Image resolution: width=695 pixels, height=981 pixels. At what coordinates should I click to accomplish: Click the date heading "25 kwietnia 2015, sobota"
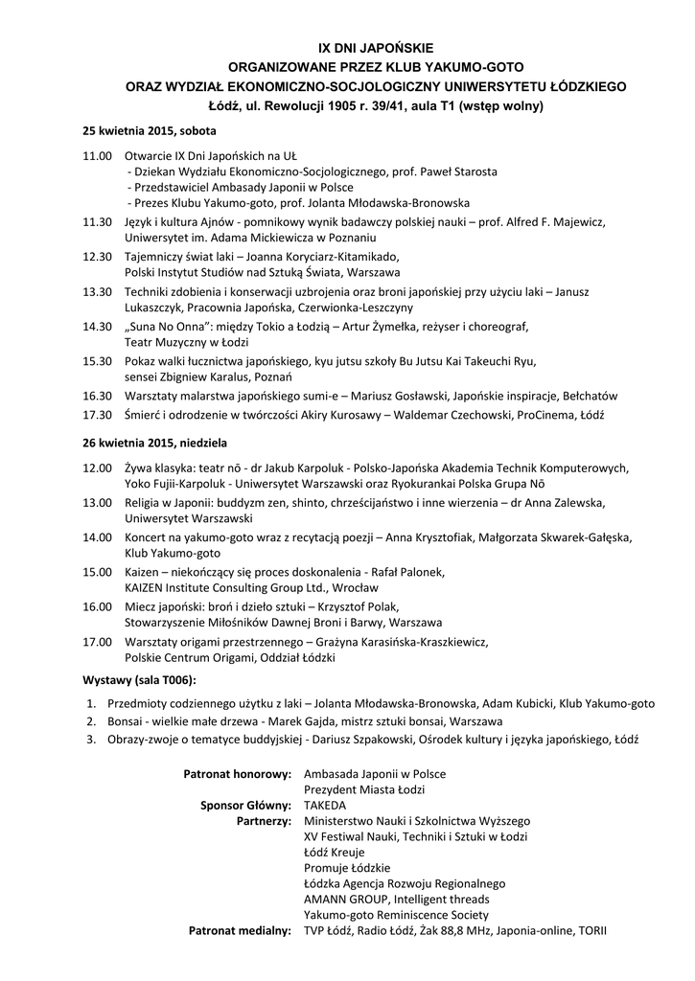pos(149,130)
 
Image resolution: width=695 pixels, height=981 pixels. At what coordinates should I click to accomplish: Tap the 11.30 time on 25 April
pos(98,221)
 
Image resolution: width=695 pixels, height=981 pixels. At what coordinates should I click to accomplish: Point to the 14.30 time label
pos(98,326)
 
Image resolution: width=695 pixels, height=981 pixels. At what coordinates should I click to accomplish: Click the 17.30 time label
pos(98,415)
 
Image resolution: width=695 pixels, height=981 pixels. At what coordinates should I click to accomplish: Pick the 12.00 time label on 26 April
pos(98,468)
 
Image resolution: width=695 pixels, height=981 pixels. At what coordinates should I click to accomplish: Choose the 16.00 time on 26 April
pos(98,606)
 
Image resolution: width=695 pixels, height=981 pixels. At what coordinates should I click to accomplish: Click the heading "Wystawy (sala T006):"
pos(139,680)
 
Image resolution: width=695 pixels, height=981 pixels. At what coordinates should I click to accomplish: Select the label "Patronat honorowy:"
pos(237,773)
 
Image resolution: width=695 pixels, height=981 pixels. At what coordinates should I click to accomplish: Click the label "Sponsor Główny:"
pos(244,805)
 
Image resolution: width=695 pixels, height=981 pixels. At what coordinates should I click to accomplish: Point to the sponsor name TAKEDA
pos(325,805)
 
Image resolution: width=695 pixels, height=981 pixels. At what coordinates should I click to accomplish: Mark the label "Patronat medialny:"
pos(239,930)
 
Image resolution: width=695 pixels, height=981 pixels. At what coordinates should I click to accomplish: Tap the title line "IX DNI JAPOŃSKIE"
pos(376,47)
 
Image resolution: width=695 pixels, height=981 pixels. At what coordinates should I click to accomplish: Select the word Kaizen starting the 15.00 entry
pos(144,572)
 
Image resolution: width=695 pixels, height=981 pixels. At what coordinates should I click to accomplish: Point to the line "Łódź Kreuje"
pos(336,852)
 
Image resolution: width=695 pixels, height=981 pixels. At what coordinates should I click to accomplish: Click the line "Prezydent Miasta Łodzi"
pos(364,789)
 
